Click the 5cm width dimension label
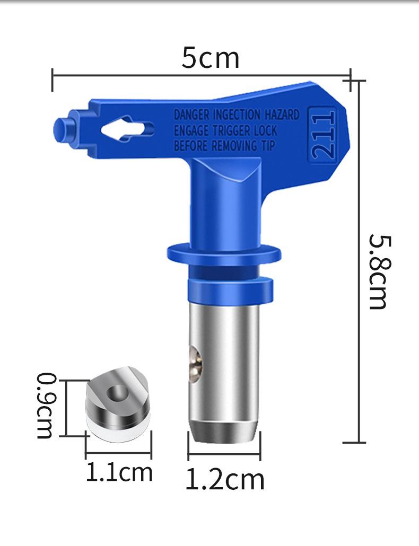click(x=211, y=58)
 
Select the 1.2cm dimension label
click(x=225, y=480)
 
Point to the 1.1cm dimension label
click(x=119, y=472)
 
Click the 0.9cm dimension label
click(x=46, y=406)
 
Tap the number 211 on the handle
click(x=322, y=135)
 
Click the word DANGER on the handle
click(x=192, y=115)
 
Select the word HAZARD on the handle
click(x=282, y=114)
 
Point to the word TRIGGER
click(x=231, y=130)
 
